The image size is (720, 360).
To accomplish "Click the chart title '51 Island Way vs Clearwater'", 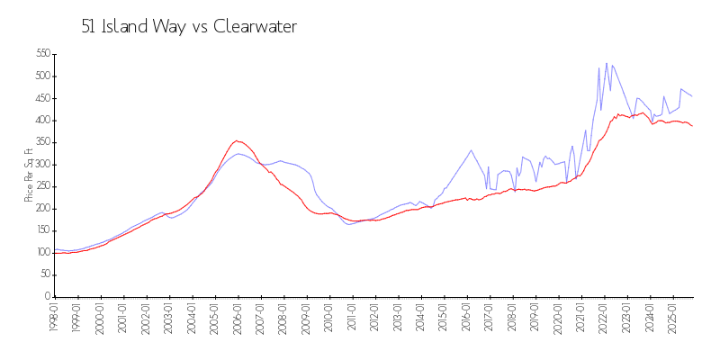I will pyautogui.click(x=189, y=27).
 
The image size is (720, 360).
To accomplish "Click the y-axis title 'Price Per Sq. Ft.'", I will pyautogui.click(x=29, y=175).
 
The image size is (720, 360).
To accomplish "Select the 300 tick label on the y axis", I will pyautogui.click(x=40, y=165).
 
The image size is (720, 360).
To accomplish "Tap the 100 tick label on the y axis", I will pyautogui.click(x=40, y=253).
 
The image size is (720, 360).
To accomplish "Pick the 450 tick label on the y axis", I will pyautogui.click(x=40, y=98).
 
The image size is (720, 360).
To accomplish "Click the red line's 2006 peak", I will pyautogui.click(x=237, y=140).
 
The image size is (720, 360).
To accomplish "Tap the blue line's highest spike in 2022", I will pyautogui.click(x=607, y=63).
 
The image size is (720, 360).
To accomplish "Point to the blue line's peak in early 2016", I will pyautogui.click(x=471, y=150).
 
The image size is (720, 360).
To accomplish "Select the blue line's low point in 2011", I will pyautogui.click(x=349, y=224).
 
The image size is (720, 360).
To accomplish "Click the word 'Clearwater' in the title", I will pyautogui.click(x=255, y=27).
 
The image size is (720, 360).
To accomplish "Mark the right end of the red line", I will pyautogui.click(x=692, y=126).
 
